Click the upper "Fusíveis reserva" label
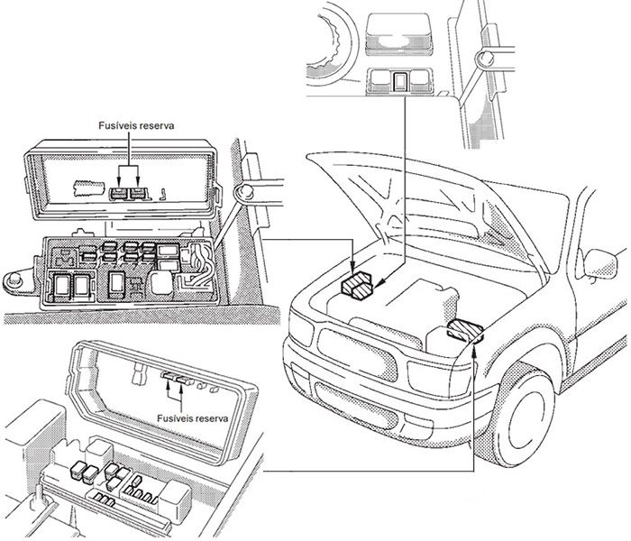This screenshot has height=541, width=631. click(x=135, y=127)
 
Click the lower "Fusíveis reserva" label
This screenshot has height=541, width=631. click(x=192, y=419)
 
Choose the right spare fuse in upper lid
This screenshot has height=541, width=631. click(x=139, y=192)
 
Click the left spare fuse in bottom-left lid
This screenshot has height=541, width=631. click(x=168, y=380)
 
